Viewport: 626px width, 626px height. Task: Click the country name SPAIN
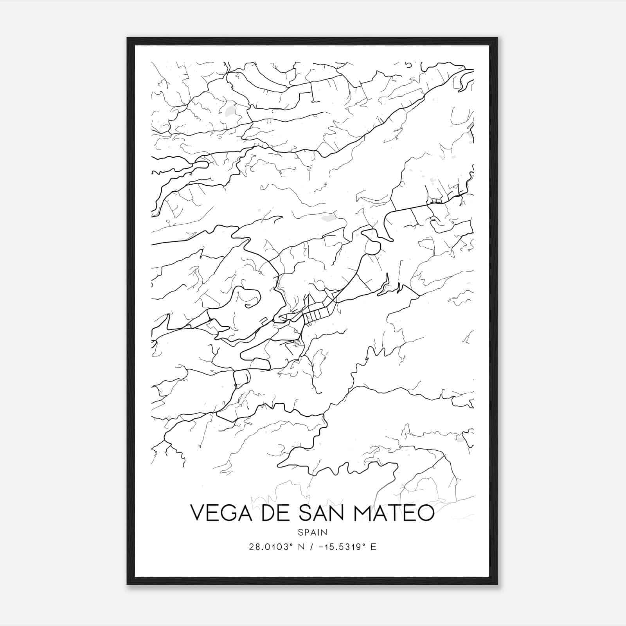pyautogui.click(x=312, y=532)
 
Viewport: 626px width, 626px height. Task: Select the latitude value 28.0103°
pyautogui.click(x=271, y=547)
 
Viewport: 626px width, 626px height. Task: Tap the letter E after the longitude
pyautogui.click(x=373, y=547)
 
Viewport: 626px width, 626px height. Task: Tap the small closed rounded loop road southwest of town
pyautogui.click(x=241, y=378)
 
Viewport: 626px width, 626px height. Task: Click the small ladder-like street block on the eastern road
pyautogui.click(x=436, y=201)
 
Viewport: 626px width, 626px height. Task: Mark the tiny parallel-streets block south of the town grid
pyautogui.click(x=298, y=344)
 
